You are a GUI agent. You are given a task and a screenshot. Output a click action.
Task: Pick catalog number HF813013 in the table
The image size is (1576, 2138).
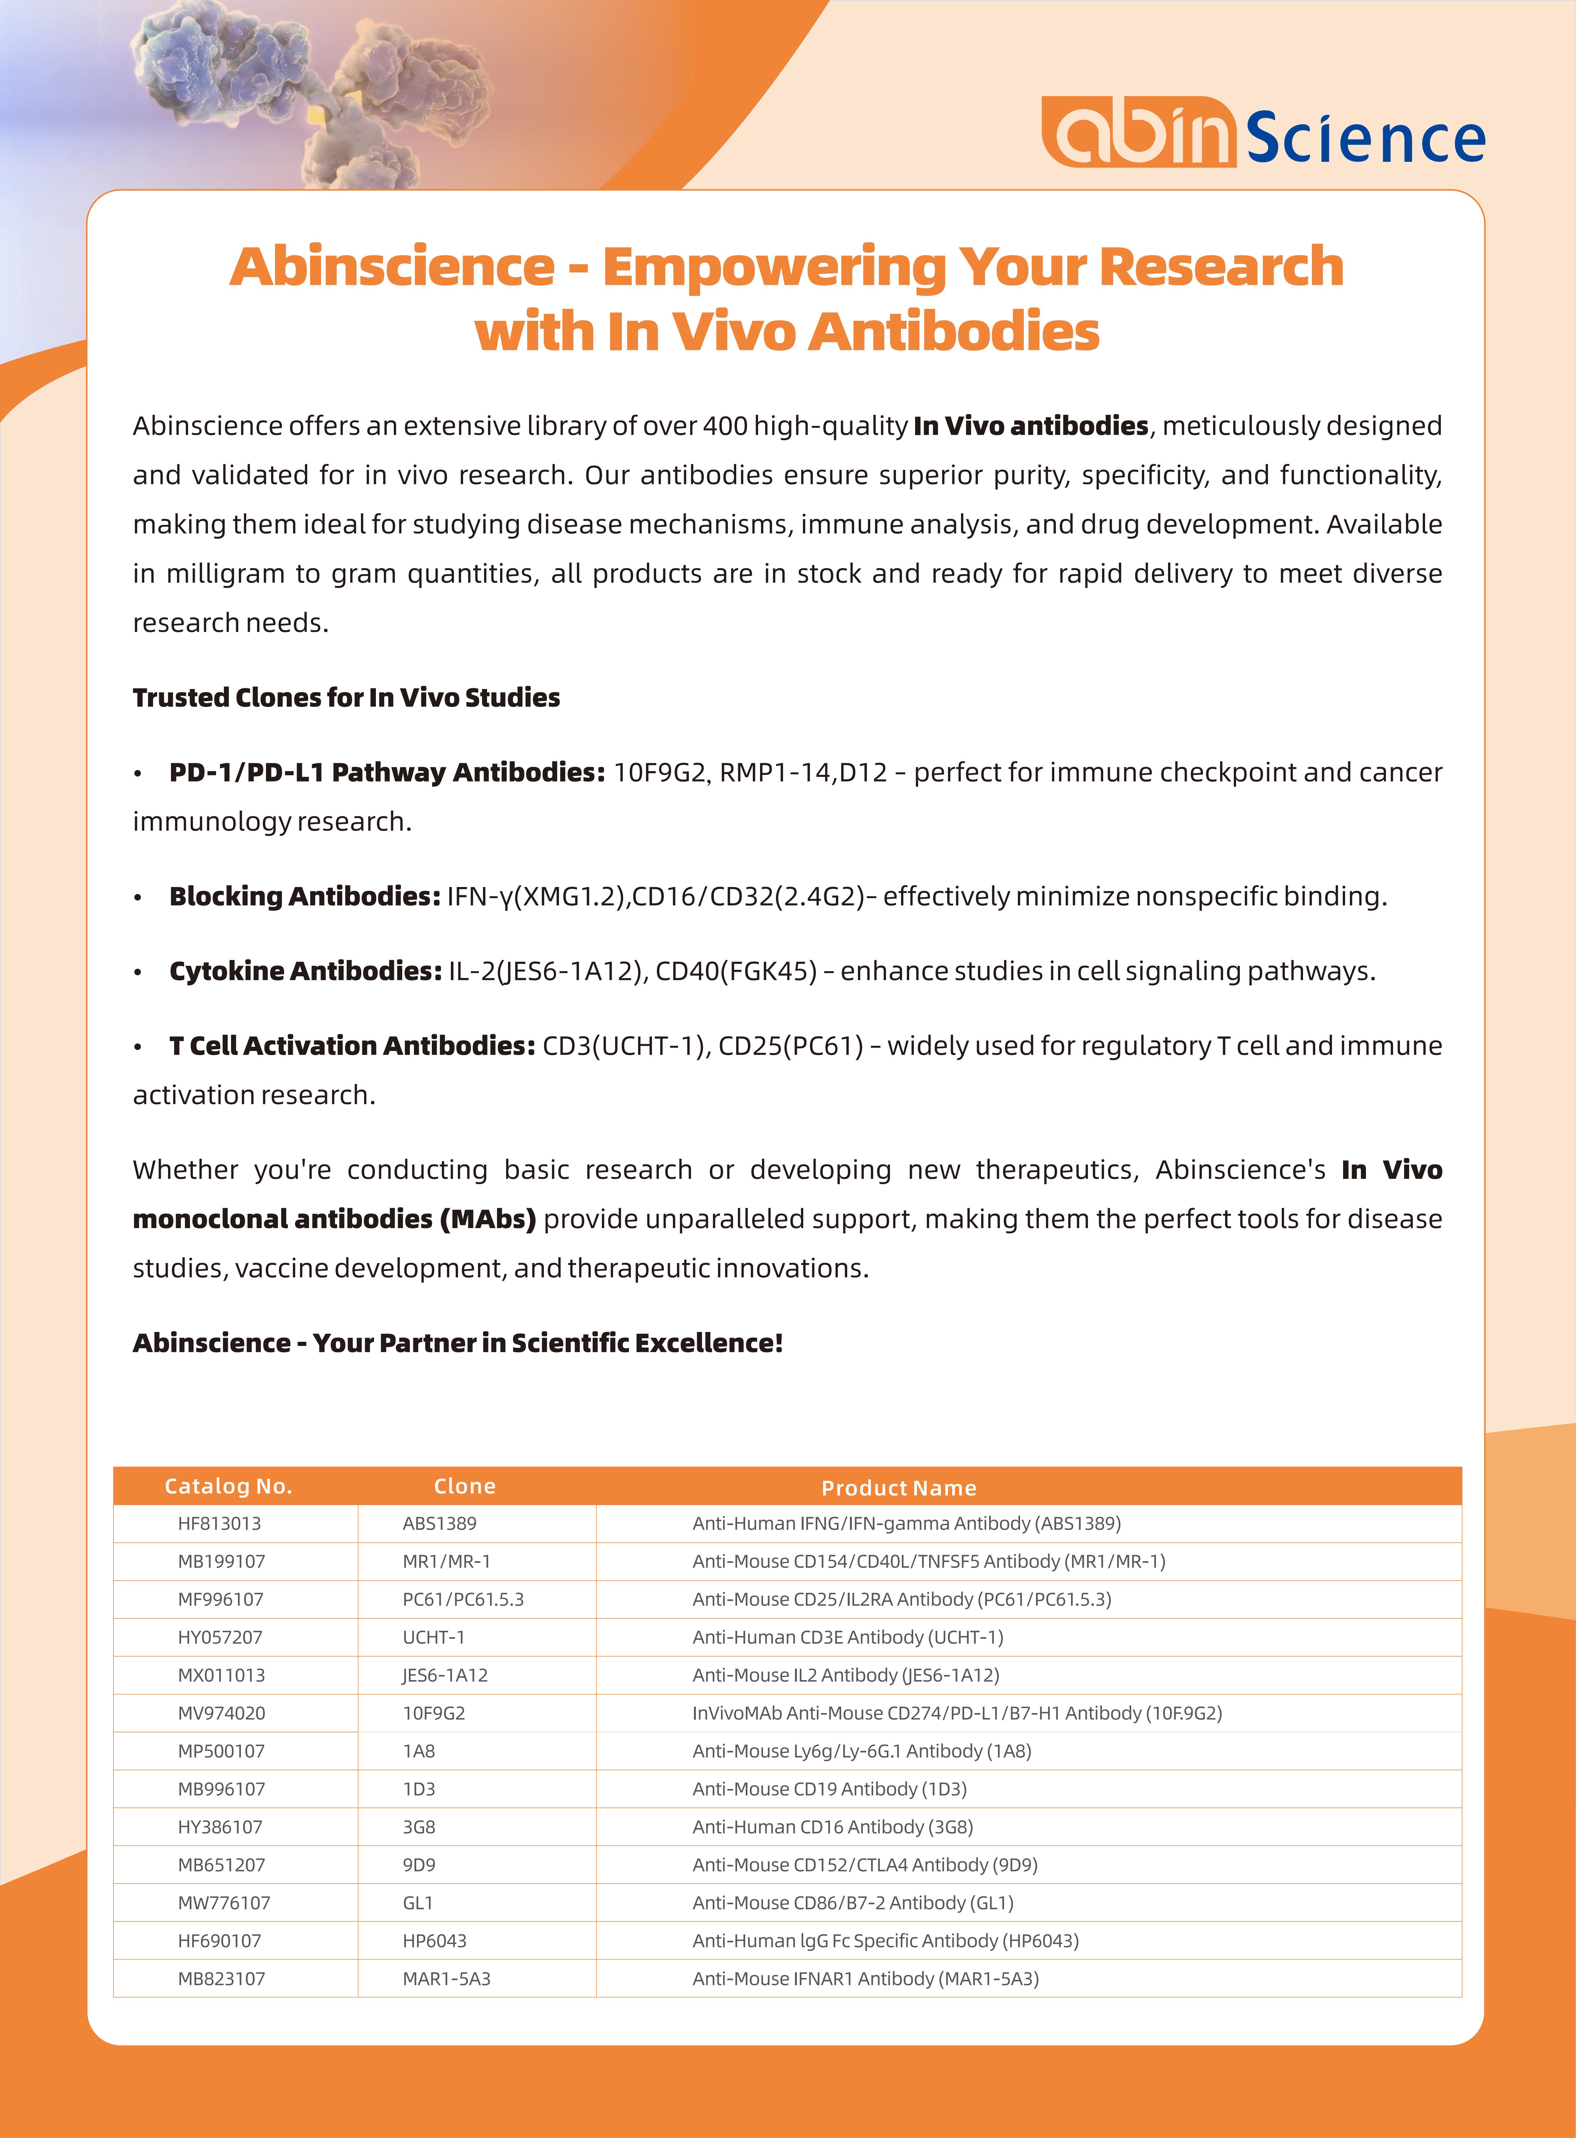click(220, 1523)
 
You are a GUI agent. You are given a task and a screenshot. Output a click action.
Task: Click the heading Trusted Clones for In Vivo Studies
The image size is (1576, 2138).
click(346, 697)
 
